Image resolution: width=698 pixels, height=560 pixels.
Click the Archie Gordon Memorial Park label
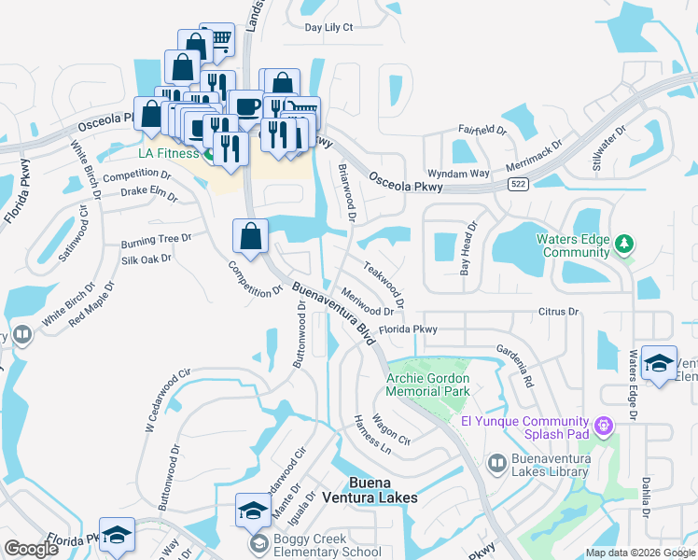tap(428, 385)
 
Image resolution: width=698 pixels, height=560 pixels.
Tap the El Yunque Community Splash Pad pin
tap(605, 425)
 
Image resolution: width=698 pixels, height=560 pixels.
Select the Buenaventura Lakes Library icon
tap(497, 462)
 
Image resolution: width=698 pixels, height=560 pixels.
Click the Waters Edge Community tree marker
tap(624, 245)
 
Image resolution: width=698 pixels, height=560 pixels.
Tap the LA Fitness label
tap(169, 153)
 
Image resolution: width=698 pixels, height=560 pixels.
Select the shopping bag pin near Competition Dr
tap(251, 235)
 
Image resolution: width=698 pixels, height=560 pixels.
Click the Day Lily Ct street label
tap(329, 27)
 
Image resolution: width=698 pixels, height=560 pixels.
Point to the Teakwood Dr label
tap(384, 284)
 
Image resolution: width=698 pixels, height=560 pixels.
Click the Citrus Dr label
tap(558, 311)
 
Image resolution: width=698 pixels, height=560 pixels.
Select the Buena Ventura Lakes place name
tap(383, 490)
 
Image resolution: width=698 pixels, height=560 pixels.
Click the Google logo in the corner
tap(32, 549)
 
